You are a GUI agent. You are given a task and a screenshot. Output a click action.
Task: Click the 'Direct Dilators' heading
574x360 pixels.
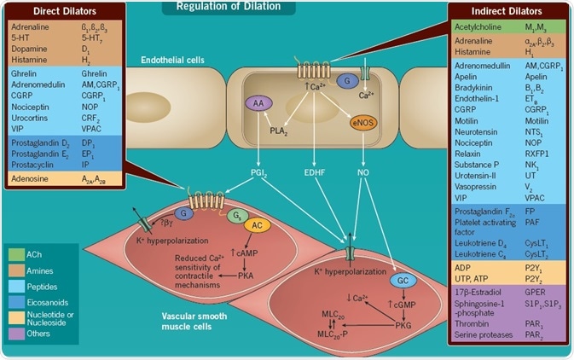(x=57, y=11)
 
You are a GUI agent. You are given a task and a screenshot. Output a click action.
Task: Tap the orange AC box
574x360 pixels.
(x=257, y=226)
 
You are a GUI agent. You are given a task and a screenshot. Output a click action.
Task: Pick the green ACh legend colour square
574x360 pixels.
(x=17, y=254)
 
